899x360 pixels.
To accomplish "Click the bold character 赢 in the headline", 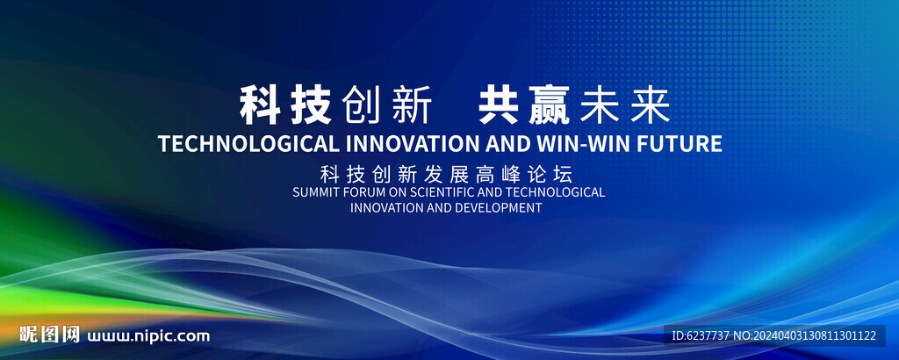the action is pos(549,104).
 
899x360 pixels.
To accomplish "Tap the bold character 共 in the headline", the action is pos(499,104).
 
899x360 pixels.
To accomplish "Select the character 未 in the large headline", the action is pos(600,105).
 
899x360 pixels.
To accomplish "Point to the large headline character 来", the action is pos(651,105).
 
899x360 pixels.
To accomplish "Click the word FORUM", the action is pos(356,192).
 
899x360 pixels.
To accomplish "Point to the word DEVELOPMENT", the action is pos(498,207).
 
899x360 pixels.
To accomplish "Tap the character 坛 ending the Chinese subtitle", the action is pos(563,174).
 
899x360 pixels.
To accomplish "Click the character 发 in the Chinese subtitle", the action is pos(434,174).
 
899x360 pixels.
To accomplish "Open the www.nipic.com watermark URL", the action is pos(148,336).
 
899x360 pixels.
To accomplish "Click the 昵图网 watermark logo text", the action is pos(49,335).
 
